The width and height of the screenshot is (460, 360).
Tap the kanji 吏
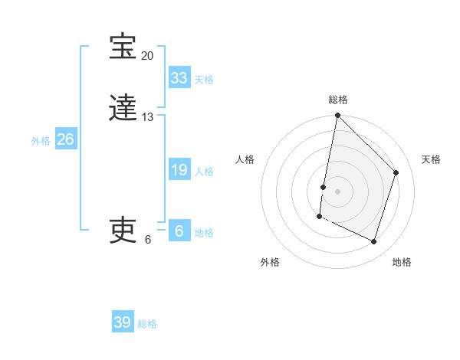(x=123, y=230)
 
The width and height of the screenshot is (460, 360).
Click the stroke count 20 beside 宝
(x=147, y=56)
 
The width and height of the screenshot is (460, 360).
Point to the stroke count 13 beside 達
(x=147, y=117)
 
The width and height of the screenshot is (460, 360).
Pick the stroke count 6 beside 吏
(x=148, y=239)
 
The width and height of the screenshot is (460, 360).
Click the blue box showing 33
(x=179, y=78)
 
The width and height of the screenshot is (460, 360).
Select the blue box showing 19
(x=179, y=170)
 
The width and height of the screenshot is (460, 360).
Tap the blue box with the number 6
(x=179, y=231)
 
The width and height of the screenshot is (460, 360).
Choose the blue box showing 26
(x=66, y=139)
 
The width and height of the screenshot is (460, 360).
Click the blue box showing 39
(x=123, y=322)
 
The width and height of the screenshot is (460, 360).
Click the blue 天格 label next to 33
(x=204, y=80)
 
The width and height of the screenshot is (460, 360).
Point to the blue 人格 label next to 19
(x=204, y=172)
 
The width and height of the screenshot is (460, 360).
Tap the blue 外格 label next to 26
(x=41, y=141)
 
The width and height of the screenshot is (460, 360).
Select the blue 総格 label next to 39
(x=147, y=324)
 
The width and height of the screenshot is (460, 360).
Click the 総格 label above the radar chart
(x=338, y=100)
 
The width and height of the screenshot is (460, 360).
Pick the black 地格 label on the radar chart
(x=402, y=262)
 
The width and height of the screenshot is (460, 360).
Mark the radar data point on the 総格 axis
(x=338, y=116)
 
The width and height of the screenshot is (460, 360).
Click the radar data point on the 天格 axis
(x=396, y=172)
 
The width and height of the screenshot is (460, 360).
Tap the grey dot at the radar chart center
(x=338, y=191)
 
